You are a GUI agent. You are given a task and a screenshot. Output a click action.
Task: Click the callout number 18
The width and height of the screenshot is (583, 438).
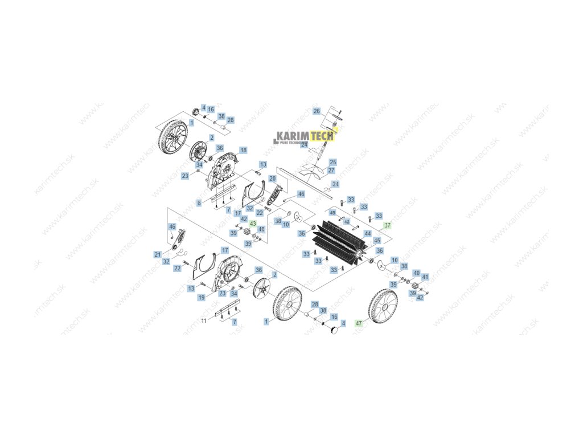[x=243, y=151]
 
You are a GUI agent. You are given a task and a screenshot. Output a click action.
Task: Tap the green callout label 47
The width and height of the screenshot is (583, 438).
[x=359, y=323]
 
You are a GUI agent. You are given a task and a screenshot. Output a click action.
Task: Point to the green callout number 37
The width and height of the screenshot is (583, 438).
[x=388, y=225]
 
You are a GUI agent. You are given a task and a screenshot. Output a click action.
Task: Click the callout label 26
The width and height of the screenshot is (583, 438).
[x=317, y=111]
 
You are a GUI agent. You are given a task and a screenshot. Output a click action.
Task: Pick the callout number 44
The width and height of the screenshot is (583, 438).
[x=368, y=234]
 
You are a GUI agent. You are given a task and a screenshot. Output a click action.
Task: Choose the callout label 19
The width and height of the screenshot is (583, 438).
[x=201, y=297]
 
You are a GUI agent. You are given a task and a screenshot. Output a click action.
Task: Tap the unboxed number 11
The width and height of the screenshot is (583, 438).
[x=204, y=321]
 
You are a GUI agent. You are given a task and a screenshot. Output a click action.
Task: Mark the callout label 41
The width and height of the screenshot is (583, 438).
[x=425, y=277]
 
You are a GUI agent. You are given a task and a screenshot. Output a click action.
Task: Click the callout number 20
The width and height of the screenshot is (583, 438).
[x=272, y=179]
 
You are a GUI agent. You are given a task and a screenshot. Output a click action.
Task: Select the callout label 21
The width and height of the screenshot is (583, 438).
[x=158, y=254]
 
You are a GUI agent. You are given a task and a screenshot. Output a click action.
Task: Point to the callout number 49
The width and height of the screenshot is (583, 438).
[x=332, y=213]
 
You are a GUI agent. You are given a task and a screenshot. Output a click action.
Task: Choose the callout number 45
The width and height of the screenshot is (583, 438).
[x=377, y=241]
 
